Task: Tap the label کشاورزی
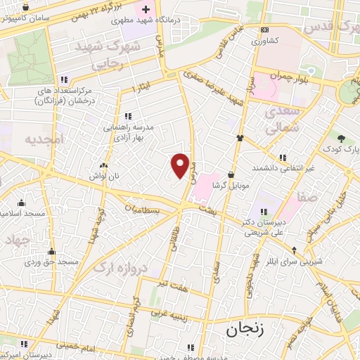coord(264,41)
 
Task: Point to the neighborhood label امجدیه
coord(44,140)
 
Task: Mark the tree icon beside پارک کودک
coord(342,139)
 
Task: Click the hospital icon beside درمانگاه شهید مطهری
coord(146,10)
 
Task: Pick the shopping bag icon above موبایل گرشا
coord(231,175)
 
